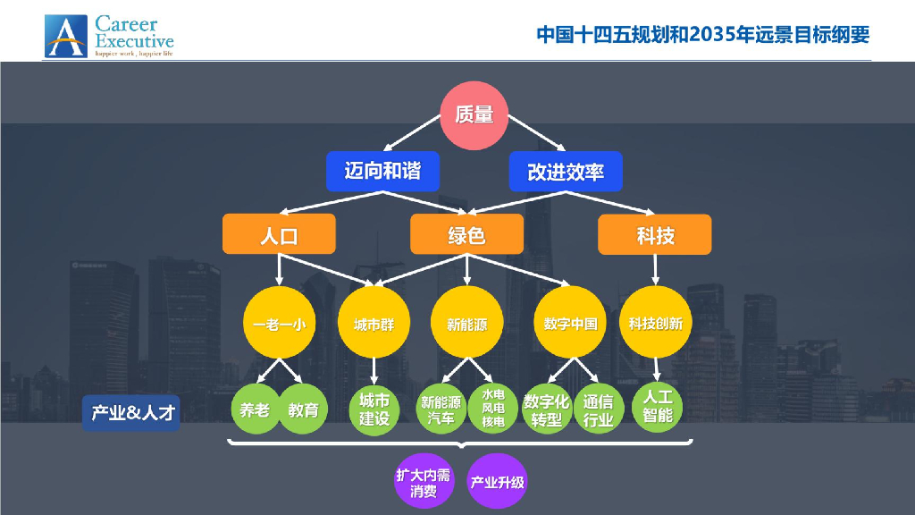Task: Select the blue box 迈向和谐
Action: [382, 170]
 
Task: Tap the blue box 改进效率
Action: [566, 171]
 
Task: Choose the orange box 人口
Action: [279, 235]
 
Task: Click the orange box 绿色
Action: [466, 235]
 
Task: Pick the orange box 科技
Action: [655, 235]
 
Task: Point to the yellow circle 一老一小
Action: [279, 324]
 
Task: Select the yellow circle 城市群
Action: [374, 324]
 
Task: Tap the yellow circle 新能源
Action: [466, 324]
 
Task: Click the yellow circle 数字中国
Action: [570, 324]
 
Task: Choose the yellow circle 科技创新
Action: [655, 324]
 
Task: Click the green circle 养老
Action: [255, 410]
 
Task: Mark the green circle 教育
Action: [303, 410]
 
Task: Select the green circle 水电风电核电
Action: [493, 409]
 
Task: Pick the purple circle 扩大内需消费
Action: [424, 483]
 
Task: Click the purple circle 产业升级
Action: [498, 483]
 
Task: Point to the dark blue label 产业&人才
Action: [132, 413]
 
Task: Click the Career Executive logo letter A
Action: [66, 37]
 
